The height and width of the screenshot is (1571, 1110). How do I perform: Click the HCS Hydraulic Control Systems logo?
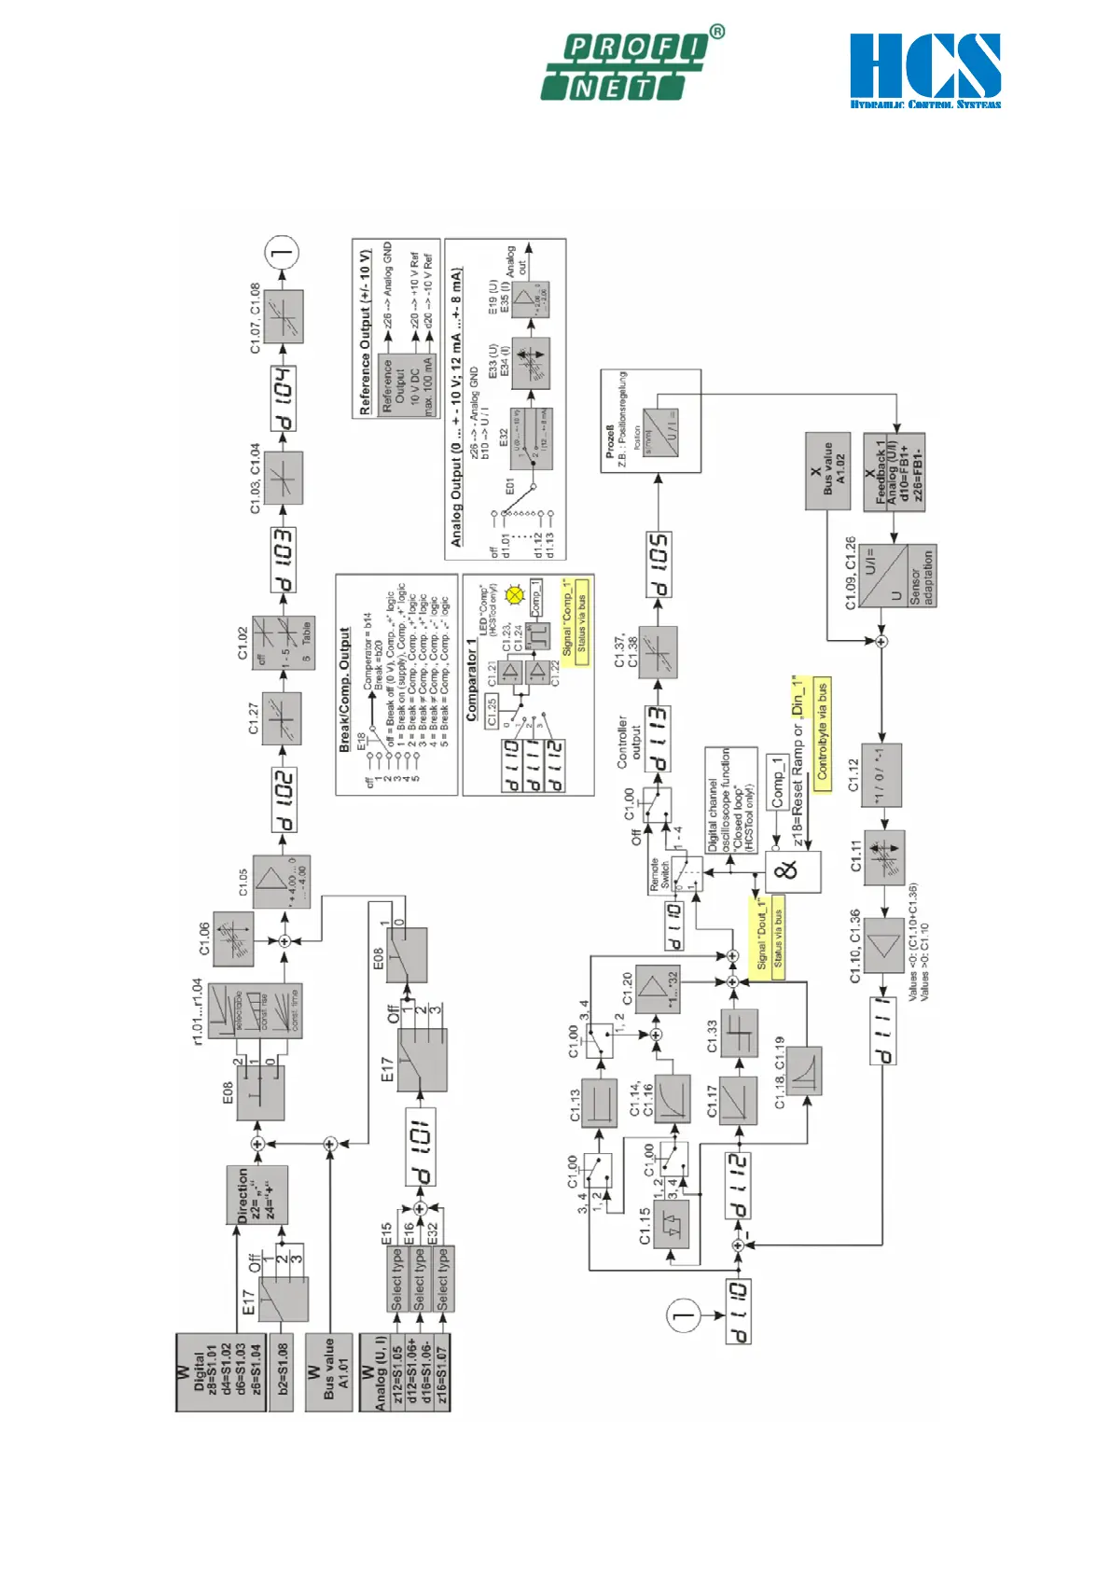(924, 71)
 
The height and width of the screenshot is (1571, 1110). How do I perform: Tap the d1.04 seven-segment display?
(283, 399)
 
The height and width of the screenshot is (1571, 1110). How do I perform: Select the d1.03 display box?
(283, 560)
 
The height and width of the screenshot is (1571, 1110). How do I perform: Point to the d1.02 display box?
(284, 800)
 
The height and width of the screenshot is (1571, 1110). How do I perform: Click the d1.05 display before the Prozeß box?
(659, 565)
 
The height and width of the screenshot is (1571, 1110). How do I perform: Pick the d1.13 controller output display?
(658, 740)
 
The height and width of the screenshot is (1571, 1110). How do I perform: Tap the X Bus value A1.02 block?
(827, 470)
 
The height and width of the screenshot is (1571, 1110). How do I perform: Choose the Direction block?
(257, 1194)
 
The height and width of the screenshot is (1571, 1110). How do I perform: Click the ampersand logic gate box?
(793, 871)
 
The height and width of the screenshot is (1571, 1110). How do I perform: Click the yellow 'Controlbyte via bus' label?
(822, 733)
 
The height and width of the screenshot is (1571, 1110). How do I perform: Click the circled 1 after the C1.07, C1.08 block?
(282, 252)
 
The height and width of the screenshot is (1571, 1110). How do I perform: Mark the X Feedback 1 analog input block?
(894, 481)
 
